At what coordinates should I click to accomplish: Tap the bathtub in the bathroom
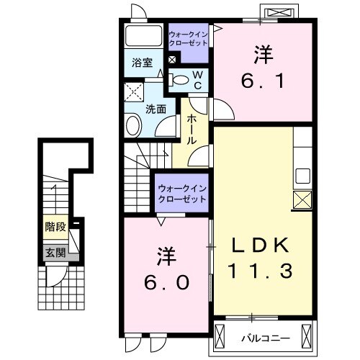144,37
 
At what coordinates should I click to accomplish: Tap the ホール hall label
192,130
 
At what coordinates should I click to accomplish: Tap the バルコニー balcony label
266,335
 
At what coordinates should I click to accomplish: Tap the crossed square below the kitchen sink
302,199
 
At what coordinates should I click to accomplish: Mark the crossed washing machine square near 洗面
134,92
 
